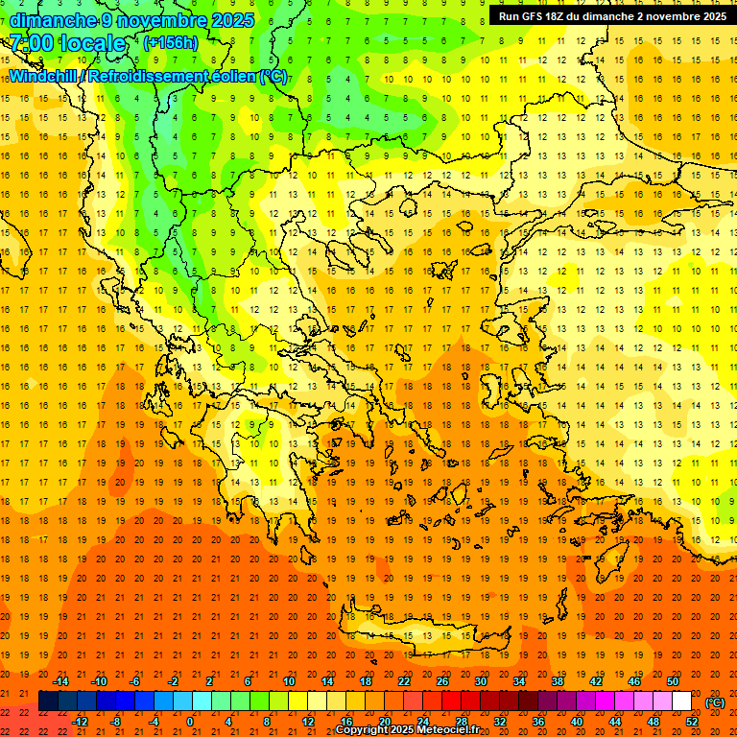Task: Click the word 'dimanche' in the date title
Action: pyautogui.click(x=52, y=20)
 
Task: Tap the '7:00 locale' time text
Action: pyautogui.click(x=67, y=43)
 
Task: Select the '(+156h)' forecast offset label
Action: pyautogui.click(x=171, y=43)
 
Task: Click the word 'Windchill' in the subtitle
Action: pyautogui.click(x=47, y=76)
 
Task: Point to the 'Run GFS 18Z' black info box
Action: pyautogui.click(x=611, y=16)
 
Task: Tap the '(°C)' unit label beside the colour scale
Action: pyautogui.click(x=715, y=702)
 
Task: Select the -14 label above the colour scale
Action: pyautogui.click(x=60, y=681)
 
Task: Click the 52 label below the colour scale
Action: pyautogui.click(x=692, y=722)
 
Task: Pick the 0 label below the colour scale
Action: pyautogui.click(x=190, y=722)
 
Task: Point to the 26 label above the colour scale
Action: pyautogui.click(x=442, y=681)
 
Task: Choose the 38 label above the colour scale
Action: pyautogui.click(x=558, y=681)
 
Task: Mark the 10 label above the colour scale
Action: pyautogui.click(x=289, y=681)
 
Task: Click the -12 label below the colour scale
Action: pyautogui.click(x=80, y=722)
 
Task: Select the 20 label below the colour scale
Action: pyautogui.click(x=385, y=722)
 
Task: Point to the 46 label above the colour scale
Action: pyautogui.click(x=634, y=681)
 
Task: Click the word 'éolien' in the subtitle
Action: pyautogui.click(x=225, y=76)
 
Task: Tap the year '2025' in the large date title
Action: pyautogui.click(x=231, y=20)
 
